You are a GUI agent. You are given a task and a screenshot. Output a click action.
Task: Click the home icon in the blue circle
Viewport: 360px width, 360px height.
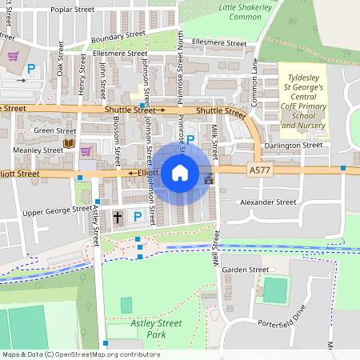(180, 173)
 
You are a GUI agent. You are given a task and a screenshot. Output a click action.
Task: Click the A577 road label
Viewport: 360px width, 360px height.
(260, 170)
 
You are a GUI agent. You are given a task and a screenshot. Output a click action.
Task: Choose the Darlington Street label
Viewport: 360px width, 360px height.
(294, 145)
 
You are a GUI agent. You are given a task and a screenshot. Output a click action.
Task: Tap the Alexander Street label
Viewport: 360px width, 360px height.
(268, 203)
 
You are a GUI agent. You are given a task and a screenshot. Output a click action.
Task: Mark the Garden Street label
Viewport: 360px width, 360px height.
(246, 270)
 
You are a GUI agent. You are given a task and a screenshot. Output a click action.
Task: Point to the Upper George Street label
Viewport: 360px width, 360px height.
(57, 211)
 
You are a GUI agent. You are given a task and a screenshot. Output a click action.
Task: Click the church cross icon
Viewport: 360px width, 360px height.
(118, 217)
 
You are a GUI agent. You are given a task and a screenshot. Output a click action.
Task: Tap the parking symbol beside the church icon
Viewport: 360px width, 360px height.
(138, 217)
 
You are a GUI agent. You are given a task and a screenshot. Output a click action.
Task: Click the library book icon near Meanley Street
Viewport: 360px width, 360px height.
(68, 145)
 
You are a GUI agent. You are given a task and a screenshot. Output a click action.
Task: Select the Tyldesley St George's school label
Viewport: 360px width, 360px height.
(304, 102)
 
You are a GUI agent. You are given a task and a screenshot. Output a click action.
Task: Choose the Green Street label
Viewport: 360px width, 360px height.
(54, 130)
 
